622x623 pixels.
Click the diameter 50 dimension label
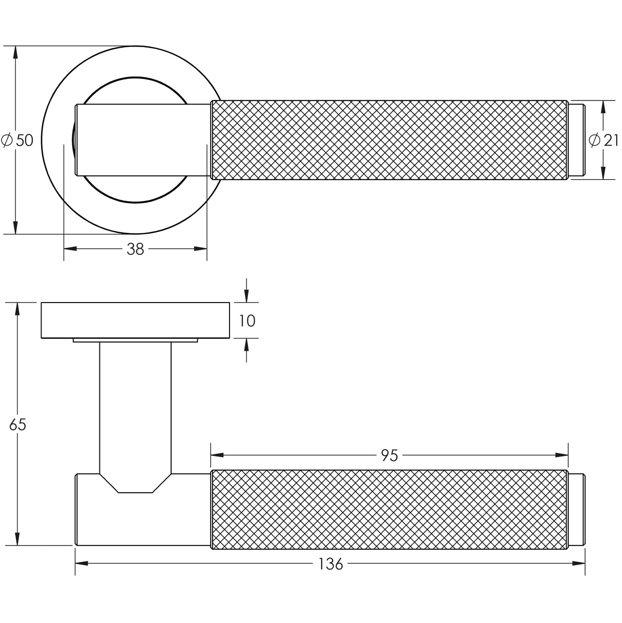[18, 140]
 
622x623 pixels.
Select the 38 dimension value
[135, 249]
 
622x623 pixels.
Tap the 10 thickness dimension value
[247, 321]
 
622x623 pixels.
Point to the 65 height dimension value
[17, 425]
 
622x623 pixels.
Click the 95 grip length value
[389, 455]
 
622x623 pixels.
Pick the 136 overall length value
[330, 564]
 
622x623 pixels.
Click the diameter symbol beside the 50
[7, 140]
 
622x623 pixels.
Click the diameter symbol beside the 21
[594, 140]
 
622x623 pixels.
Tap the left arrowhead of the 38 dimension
[70, 249]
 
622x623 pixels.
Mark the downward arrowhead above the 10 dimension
[246, 296]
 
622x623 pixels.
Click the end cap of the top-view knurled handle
[576, 140]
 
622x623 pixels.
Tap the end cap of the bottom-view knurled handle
[576, 509]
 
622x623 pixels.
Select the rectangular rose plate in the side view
[135, 320]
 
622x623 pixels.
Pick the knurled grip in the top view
[389, 140]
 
